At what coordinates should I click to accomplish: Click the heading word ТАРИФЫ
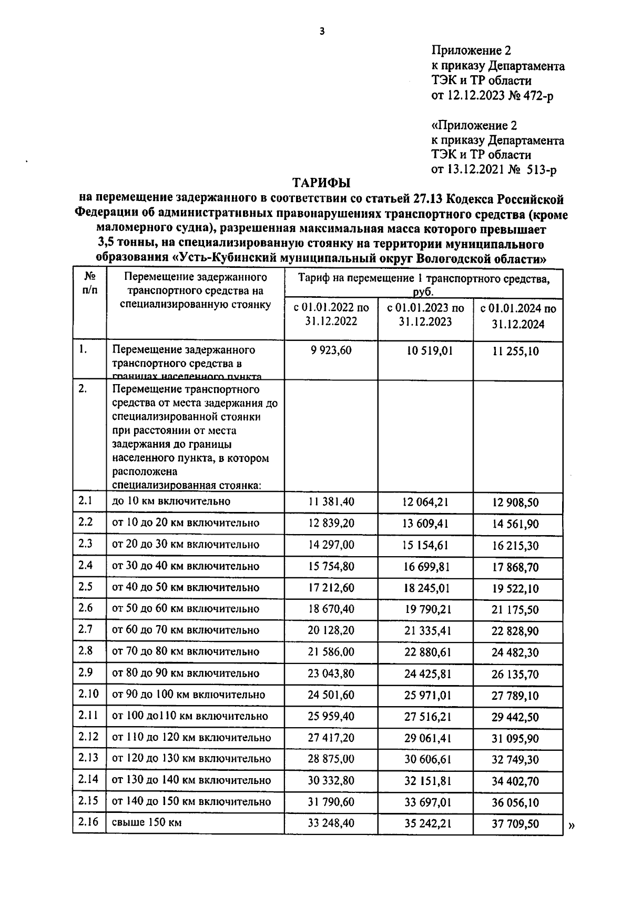[x=321, y=183]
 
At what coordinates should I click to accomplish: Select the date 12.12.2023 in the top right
[x=476, y=95]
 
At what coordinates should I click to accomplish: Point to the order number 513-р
[x=540, y=169]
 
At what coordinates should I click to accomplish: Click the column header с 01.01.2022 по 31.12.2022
[x=331, y=314]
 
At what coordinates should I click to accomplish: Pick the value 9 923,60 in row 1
[x=331, y=350]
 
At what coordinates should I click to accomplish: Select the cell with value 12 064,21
[x=425, y=502]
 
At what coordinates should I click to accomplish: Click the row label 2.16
[x=89, y=822]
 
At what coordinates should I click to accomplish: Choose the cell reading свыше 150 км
[x=147, y=822]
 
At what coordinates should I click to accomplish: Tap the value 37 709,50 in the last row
[x=515, y=824]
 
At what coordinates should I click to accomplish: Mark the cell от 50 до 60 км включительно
[x=186, y=609]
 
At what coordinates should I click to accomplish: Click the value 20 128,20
[x=331, y=630]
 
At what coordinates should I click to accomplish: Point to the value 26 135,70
[x=515, y=674]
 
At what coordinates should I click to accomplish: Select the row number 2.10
[x=89, y=693]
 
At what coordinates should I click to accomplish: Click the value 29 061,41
[x=425, y=738]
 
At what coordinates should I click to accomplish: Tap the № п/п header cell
[x=89, y=284]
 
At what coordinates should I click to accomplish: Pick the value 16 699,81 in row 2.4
[x=425, y=566]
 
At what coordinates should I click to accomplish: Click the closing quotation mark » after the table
[x=572, y=826]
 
